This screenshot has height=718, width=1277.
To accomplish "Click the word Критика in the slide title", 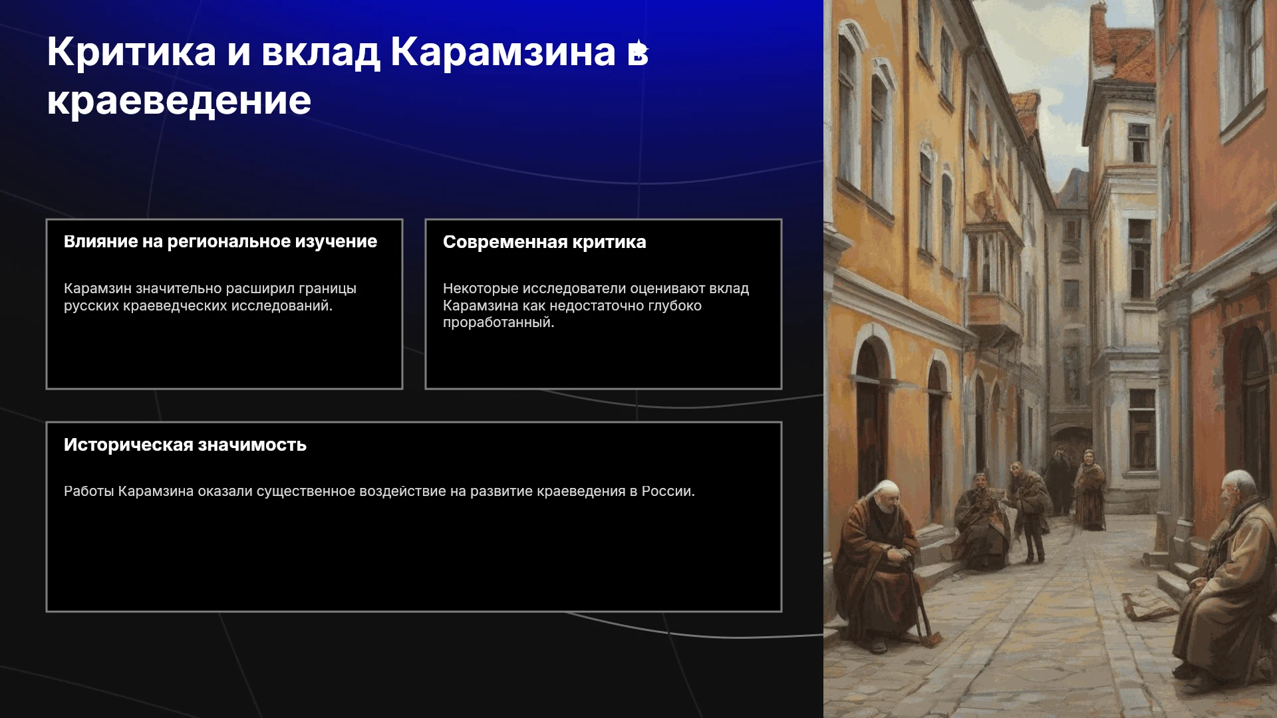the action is point(132,51).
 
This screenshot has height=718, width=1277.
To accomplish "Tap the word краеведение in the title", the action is point(179,101).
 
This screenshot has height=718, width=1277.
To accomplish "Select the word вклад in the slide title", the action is point(321,53).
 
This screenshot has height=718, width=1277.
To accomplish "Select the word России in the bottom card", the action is point(668,491).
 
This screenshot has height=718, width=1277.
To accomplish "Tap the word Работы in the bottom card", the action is point(89,491).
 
